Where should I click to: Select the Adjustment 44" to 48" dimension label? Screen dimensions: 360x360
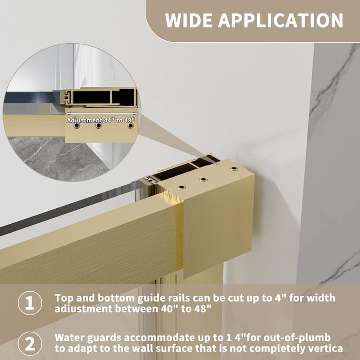(101, 120)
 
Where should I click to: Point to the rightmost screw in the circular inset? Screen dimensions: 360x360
(130, 126)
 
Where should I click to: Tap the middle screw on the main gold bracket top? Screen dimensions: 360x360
(203, 179)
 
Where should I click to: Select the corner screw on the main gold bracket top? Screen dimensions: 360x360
(233, 169)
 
